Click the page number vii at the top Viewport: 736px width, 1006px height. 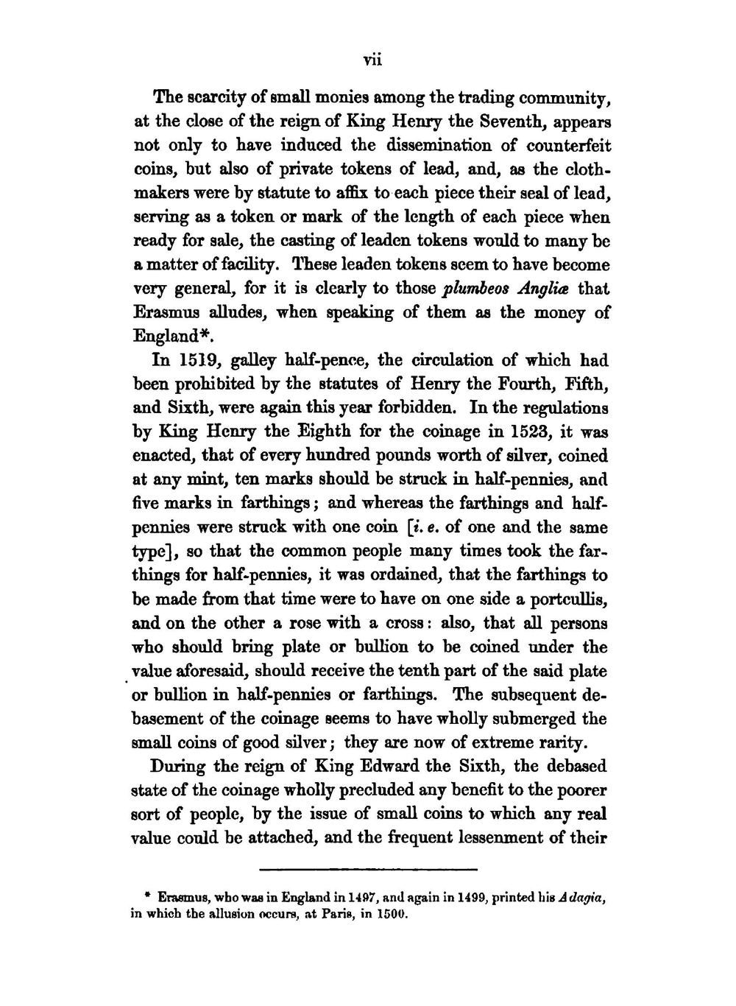372,60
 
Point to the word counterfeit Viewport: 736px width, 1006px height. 566,145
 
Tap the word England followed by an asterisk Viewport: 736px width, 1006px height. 167,337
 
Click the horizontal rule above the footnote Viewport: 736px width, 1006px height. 368,869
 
